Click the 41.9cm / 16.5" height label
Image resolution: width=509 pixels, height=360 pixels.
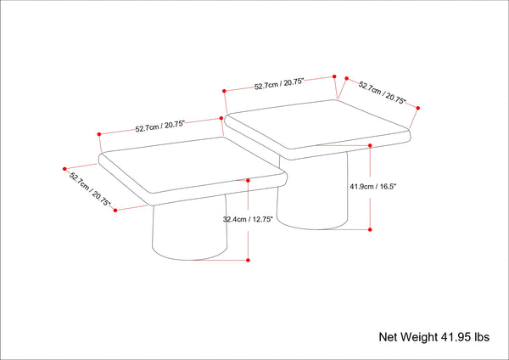[373, 185]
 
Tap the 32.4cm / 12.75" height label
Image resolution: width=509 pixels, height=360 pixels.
[247, 218]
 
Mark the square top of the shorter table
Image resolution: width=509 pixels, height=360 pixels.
[193, 163]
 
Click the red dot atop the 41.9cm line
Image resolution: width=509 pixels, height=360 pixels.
[371, 146]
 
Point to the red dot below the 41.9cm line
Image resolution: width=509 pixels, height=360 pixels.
[371, 229]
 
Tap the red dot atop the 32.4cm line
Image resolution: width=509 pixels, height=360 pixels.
[248, 180]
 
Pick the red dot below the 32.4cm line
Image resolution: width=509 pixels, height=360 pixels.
[248, 260]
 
